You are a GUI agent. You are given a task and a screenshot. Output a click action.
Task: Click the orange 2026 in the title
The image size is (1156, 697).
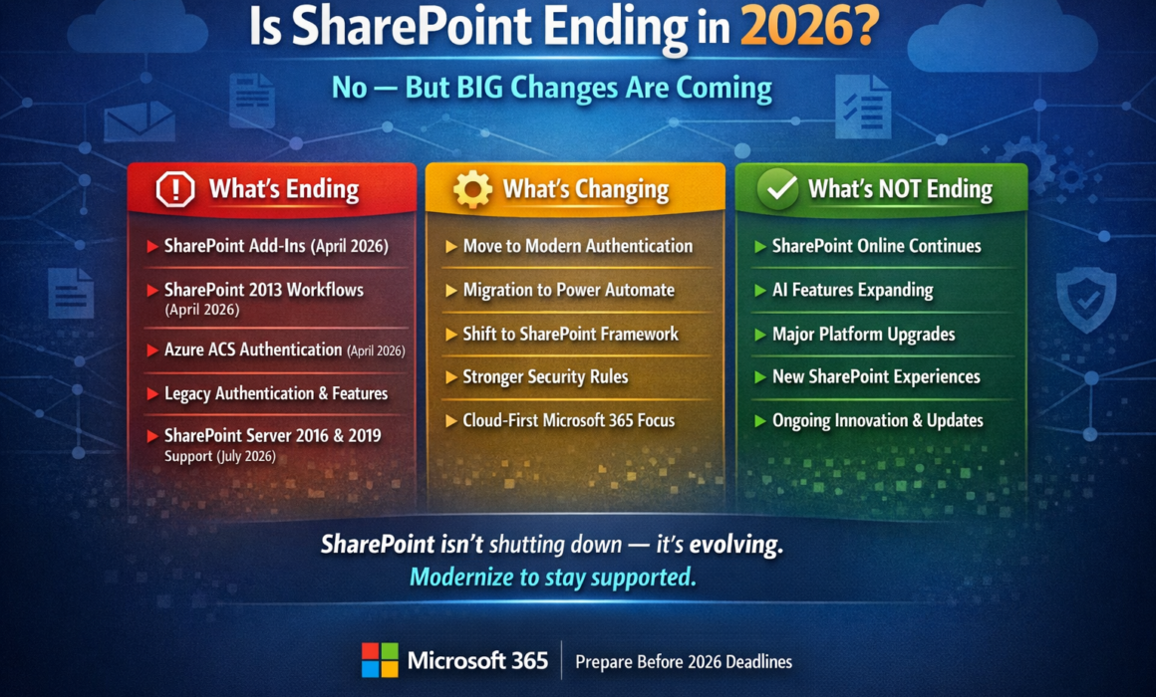pos(809,27)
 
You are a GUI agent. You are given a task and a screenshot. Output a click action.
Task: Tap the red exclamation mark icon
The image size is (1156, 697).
pos(175,189)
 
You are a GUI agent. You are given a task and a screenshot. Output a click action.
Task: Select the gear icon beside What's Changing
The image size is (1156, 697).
pos(472,189)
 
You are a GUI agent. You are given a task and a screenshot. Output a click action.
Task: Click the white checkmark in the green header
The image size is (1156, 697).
pos(778,188)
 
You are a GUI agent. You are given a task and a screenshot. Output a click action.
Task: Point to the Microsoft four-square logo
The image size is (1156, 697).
pos(380,660)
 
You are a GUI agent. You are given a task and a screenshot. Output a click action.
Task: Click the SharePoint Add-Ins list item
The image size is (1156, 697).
pos(276,246)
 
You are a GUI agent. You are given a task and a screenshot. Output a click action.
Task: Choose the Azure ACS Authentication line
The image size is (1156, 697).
pos(285,349)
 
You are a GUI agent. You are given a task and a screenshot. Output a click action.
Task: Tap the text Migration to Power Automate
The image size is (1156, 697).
pos(568,290)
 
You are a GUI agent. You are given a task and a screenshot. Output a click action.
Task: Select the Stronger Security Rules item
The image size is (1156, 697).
pos(545,377)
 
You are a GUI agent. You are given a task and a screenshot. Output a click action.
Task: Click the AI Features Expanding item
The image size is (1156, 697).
pos(853,291)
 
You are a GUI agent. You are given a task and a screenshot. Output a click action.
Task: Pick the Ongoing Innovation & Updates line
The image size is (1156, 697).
pos(877,421)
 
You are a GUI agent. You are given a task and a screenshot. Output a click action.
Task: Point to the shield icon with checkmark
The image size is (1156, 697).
pos(1086,299)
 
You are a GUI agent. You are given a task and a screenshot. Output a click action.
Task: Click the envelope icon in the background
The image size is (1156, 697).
pos(140,120)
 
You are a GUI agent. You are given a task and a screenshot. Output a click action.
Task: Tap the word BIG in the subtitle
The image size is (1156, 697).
pos(479,88)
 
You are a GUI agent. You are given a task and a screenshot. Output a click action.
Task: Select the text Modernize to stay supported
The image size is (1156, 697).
pos(553,577)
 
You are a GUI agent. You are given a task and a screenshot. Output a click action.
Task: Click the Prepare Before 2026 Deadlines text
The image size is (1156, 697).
pos(684,661)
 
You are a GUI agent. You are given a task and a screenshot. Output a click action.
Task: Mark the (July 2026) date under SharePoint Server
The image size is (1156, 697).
pos(247,457)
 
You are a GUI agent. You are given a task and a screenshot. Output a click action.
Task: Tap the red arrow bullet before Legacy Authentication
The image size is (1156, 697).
pos(152,394)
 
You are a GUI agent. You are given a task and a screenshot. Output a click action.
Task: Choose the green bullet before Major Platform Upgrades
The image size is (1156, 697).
pos(760,335)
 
